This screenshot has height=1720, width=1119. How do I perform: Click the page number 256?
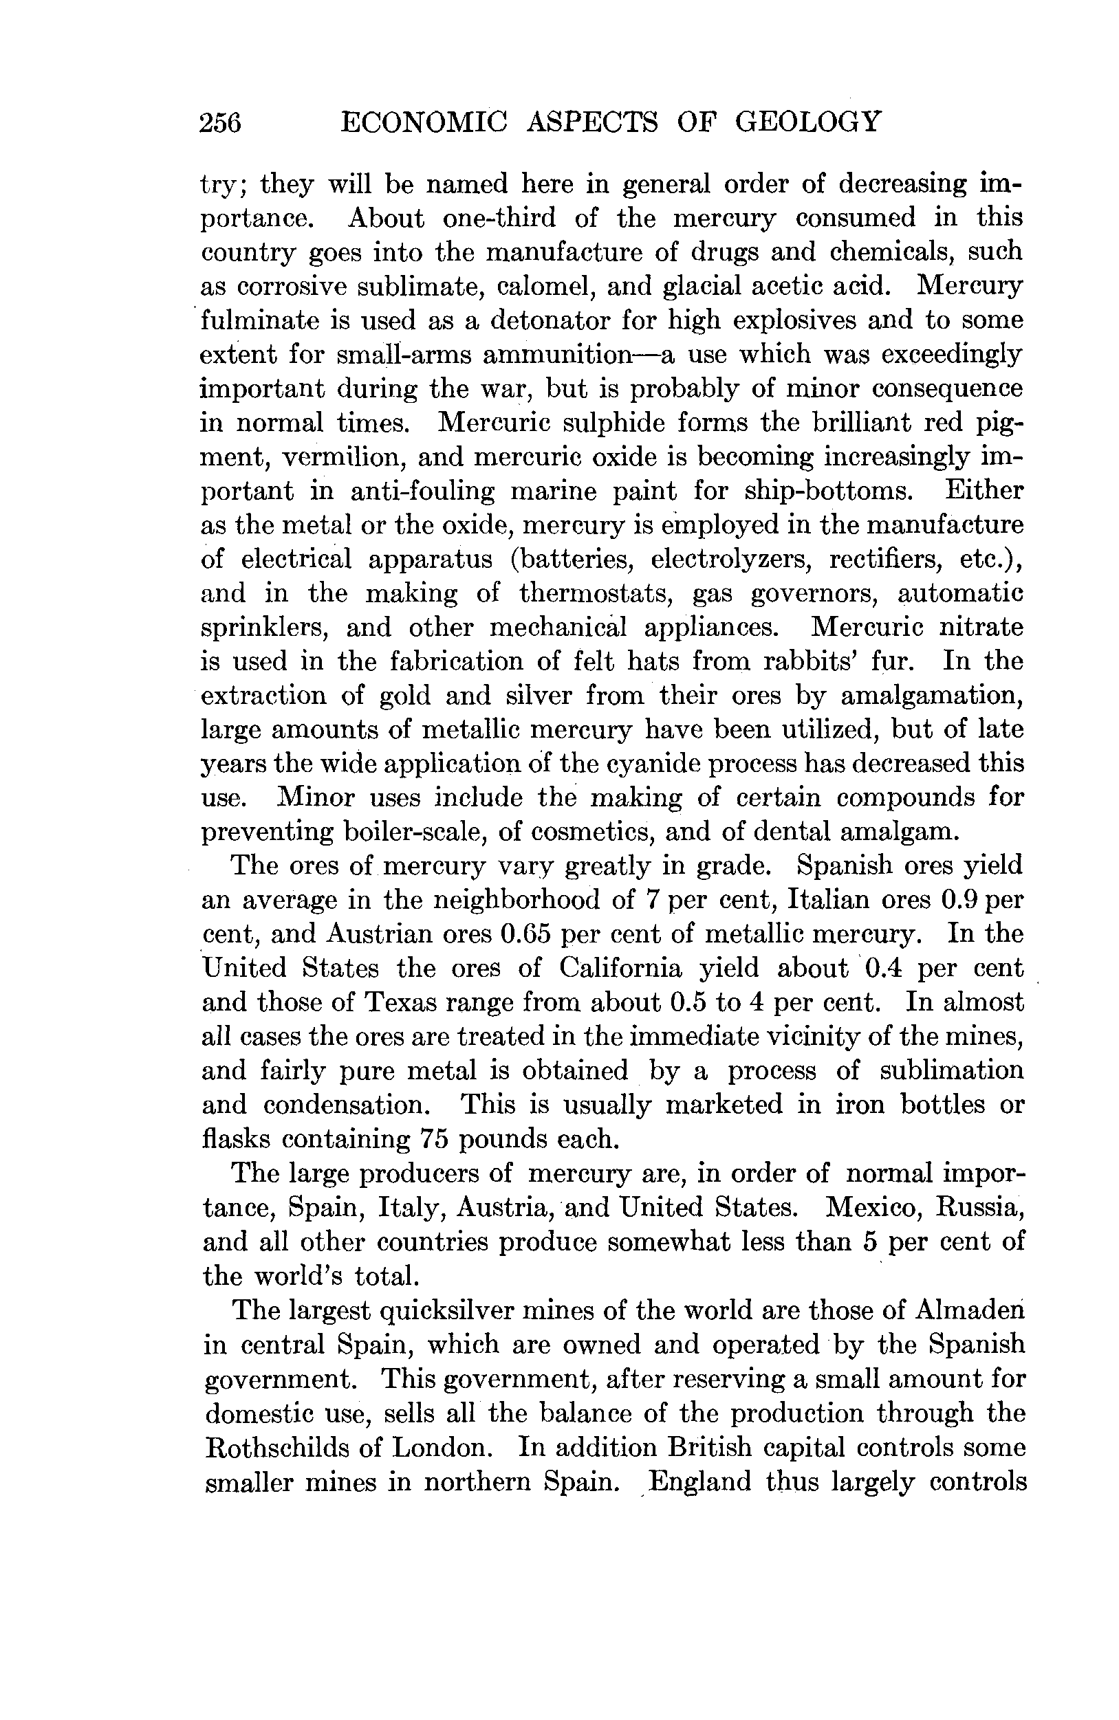221,123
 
